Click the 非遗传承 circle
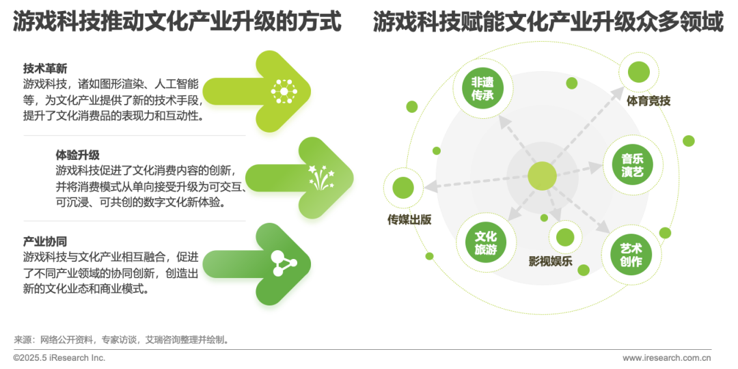pos(482,89)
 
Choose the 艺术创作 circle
pos(631,254)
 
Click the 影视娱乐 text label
pos(550,260)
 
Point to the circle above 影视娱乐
pos(565,237)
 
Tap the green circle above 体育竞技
pos(638,72)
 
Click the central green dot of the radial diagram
pos(541,176)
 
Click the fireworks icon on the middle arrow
pos(317,177)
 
